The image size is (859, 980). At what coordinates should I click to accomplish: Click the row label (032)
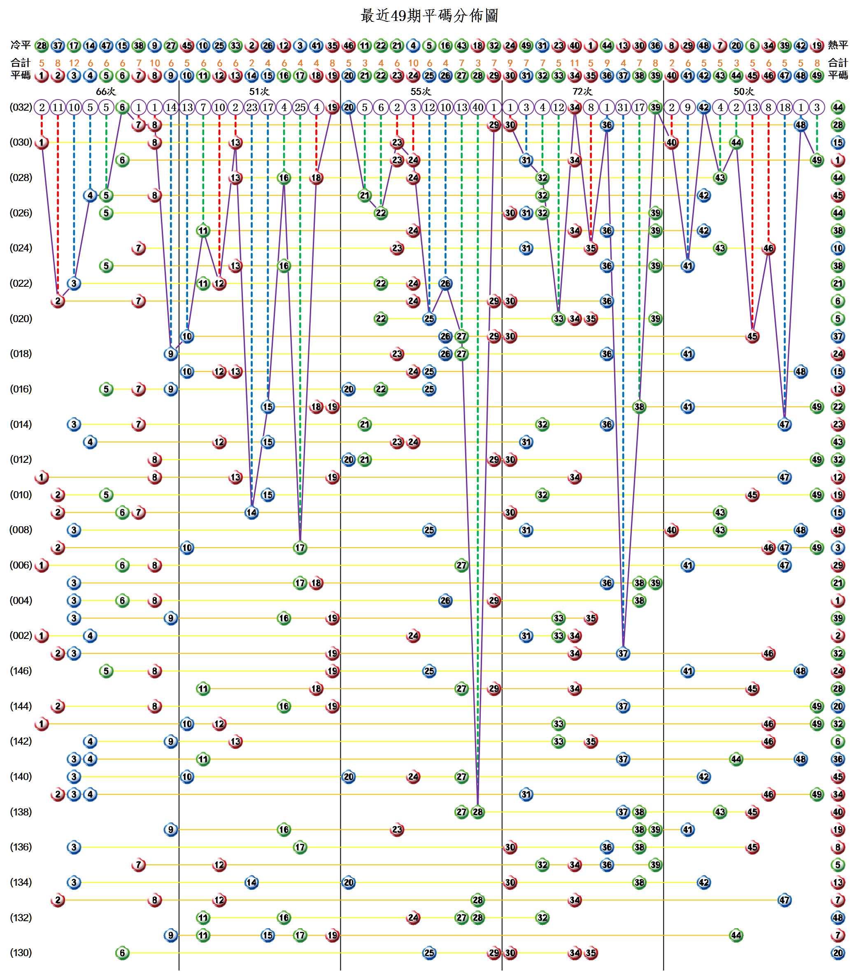(x=21, y=107)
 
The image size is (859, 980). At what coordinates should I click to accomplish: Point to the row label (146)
(x=21, y=671)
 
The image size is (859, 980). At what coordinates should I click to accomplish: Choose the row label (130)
(x=21, y=953)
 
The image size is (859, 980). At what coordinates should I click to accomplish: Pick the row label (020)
(x=21, y=319)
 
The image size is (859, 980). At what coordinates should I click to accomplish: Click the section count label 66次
(x=106, y=91)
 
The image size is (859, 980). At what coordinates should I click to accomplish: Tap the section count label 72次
(x=582, y=91)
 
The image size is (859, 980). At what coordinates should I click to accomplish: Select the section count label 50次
(x=743, y=91)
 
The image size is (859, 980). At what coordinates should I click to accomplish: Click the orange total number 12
(x=74, y=63)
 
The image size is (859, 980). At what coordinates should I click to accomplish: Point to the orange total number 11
(x=575, y=63)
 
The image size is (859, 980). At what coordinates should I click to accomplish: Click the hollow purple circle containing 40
(x=478, y=107)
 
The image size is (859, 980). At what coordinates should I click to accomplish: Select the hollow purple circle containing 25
(x=300, y=107)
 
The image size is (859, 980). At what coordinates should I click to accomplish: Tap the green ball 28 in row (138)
(x=478, y=812)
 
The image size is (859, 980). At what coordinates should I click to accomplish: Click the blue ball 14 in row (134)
(x=251, y=882)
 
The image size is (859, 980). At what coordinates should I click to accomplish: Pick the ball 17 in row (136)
(x=300, y=847)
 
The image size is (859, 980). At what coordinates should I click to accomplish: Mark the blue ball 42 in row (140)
(x=704, y=776)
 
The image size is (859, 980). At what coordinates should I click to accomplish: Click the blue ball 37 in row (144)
(x=623, y=706)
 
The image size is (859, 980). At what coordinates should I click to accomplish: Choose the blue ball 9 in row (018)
(x=171, y=354)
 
